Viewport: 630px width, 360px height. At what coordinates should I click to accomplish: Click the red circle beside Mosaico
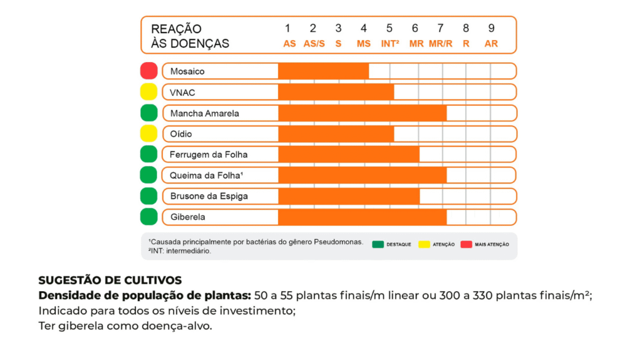coord(149,71)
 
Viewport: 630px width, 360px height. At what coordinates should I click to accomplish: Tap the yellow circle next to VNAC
coord(149,92)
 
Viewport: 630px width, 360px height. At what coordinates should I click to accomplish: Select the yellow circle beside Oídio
coord(149,133)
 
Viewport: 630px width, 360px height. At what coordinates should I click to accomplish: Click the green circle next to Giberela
coord(149,217)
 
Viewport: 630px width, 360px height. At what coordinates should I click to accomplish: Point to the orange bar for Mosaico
coord(323,71)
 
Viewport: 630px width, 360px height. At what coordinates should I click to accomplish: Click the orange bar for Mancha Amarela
coord(362,113)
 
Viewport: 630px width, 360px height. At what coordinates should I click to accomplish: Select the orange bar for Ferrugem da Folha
coord(348,154)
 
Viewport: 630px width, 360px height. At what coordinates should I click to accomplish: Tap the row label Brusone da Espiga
coord(209,196)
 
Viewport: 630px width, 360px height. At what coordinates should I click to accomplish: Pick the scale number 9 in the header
coord(491,28)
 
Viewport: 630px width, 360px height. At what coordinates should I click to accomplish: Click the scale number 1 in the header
coord(287,28)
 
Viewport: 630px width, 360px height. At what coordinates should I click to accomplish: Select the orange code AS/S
coord(314,44)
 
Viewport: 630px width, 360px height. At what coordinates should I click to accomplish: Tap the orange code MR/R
coord(441,44)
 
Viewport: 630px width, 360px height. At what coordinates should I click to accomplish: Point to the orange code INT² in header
coord(390,44)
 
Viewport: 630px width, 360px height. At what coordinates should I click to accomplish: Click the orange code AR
coord(491,44)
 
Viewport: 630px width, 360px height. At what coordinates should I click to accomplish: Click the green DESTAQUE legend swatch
coord(378,244)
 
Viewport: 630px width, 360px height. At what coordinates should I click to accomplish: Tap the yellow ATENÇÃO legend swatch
coord(423,244)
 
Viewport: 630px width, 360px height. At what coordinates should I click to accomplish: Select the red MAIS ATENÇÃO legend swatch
coord(466,244)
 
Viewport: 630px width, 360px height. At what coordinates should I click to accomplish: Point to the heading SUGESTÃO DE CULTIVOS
coord(110,281)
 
